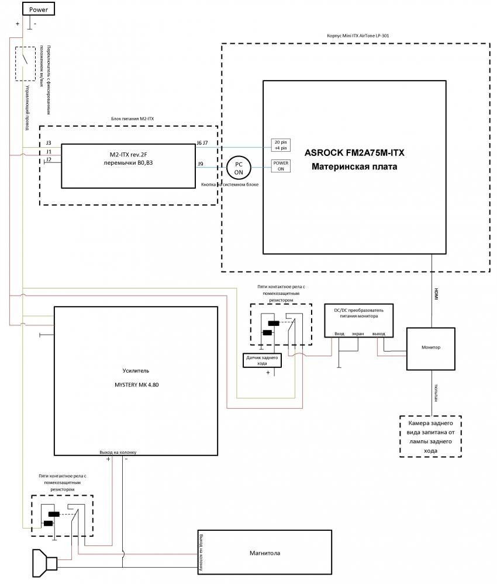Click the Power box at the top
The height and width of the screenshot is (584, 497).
point(38,9)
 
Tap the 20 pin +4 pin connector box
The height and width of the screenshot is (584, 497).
point(281,145)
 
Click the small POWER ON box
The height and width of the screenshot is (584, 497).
point(281,166)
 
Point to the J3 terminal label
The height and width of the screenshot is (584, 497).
point(49,142)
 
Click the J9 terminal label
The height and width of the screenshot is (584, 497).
point(200,164)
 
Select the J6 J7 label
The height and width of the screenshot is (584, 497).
point(202,142)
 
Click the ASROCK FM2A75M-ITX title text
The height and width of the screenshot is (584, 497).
point(354,153)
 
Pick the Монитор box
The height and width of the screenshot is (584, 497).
point(431,348)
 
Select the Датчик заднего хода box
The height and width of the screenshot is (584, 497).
point(262,360)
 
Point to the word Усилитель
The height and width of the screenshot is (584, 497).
point(136,371)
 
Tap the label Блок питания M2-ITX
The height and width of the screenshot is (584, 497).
point(132,118)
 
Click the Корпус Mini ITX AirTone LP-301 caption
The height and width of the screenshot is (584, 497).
point(357,36)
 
